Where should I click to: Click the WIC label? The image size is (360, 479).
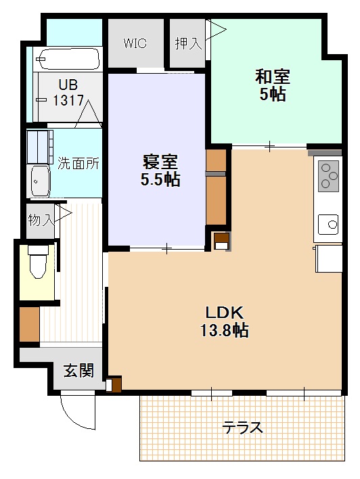(135, 43)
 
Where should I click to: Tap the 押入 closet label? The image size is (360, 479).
(188, 43)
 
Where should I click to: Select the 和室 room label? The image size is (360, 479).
(272, 75)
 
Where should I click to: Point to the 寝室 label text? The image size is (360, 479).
(160, 162)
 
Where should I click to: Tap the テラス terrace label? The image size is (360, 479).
(243, 428)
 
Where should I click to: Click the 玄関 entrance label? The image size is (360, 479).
(78, 371)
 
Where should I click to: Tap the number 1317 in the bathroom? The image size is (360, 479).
(69, 100)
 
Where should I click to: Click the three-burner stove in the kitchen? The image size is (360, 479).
(328, 175)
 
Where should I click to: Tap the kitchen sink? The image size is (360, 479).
(328, 223)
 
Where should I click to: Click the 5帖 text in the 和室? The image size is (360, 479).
(272, 94)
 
